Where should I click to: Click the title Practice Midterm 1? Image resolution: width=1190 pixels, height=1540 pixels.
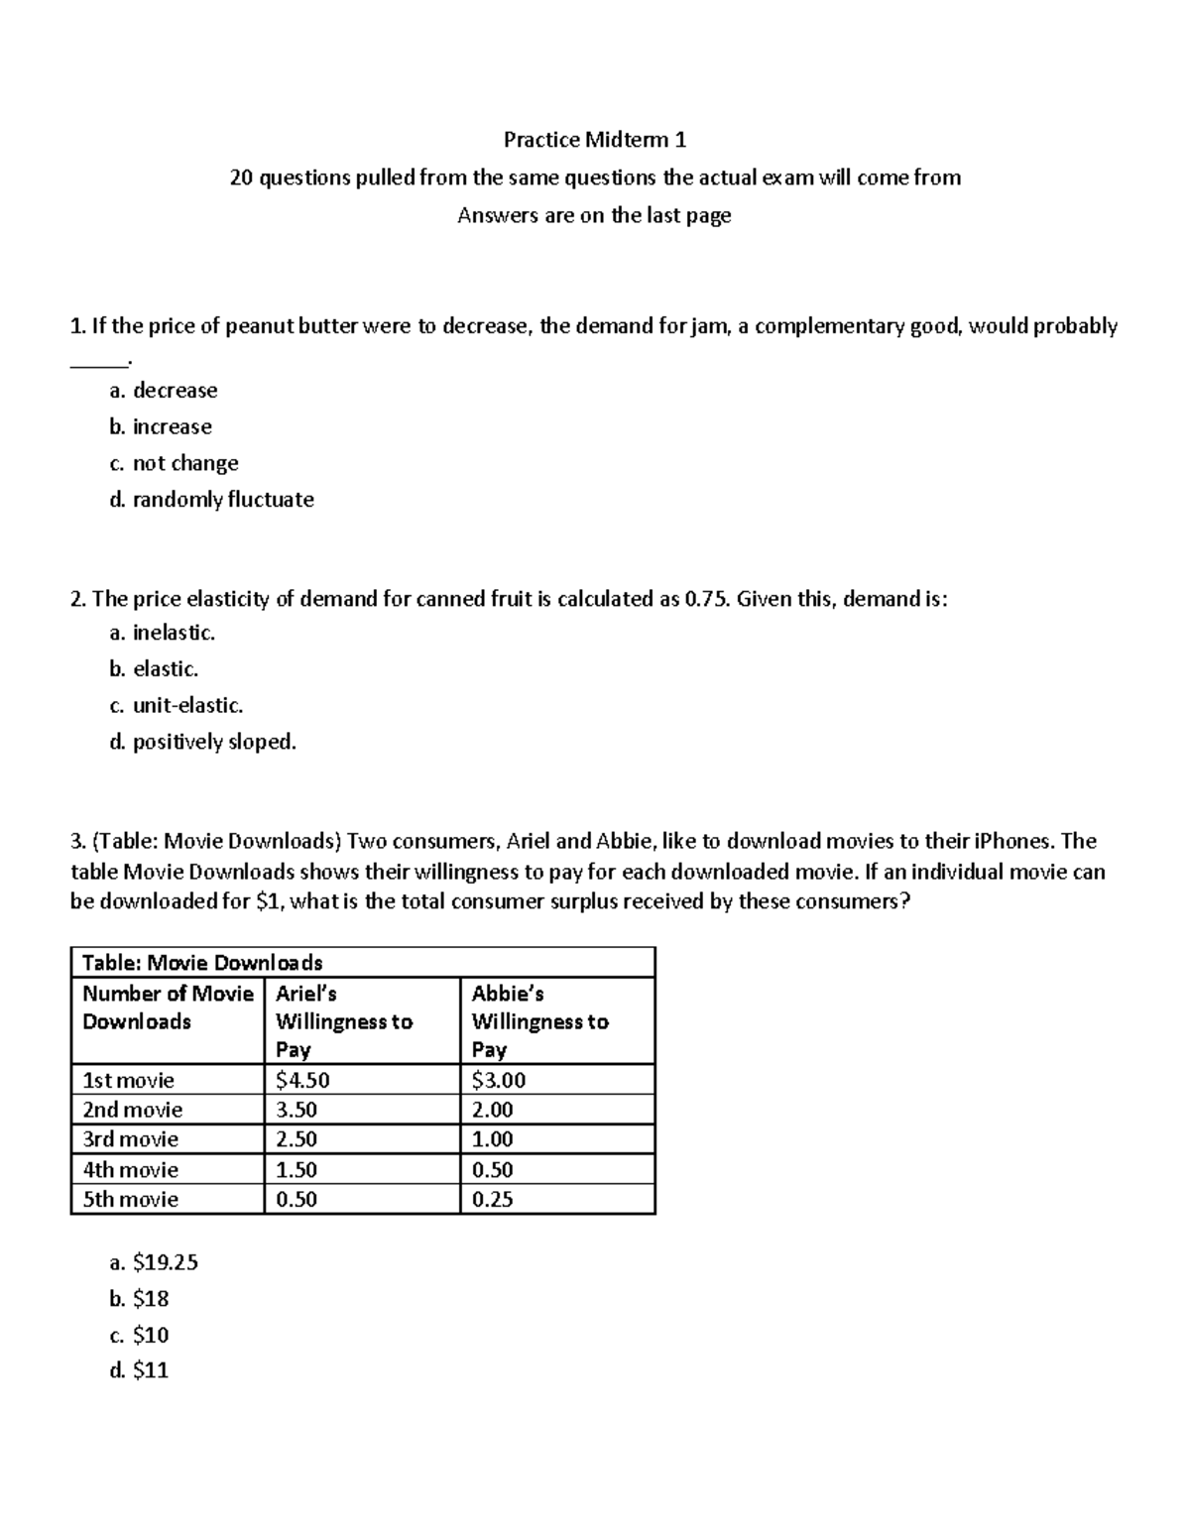click(x=594, y=140)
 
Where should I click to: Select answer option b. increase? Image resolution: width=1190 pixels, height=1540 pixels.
click(x=161, y=427)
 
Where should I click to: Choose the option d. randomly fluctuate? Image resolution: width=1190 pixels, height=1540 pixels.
click(x=211, y=500)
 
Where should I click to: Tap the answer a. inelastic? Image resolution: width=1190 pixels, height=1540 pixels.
click(x=162, y=633)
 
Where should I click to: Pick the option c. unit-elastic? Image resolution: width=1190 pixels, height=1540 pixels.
click(x=176, y=706)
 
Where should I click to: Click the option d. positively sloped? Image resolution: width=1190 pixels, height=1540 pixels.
click(x=202, y=742)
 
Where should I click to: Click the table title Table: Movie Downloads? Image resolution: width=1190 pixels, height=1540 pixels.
click(x=202, y=963)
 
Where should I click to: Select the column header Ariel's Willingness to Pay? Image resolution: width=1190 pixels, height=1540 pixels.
click(x=343, y=1021)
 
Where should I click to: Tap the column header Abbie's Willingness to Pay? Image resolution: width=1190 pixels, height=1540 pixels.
click(x=539, y=1021)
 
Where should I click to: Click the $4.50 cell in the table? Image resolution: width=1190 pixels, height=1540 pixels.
click(x=302, y=1081)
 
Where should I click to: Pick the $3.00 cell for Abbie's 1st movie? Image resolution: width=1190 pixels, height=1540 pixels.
click(x=499, y=1081)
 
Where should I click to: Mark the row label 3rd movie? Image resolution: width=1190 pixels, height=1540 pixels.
click(x=130, y=1139)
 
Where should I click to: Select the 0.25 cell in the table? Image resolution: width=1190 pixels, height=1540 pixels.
click(x=493, y=1200)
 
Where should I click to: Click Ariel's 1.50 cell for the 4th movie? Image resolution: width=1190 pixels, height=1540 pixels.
click(x=297, y=1170)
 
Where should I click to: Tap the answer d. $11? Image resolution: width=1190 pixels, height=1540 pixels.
click(x=139, y=1371)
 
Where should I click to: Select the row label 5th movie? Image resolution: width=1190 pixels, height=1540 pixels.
click(x=130, y=1200)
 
